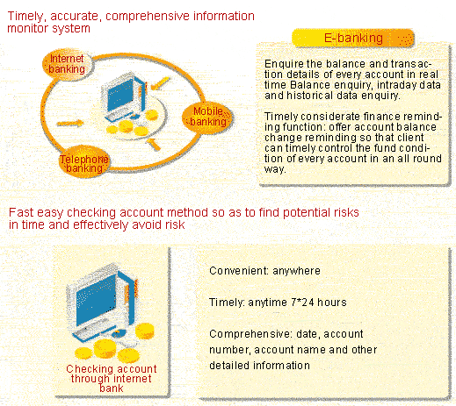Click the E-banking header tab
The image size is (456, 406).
pyautogui.click(x=353, y=38)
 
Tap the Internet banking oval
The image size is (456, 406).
pyautogui.click(x=67, y=64)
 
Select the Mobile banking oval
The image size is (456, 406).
pyautogui.click(x=207, y=117)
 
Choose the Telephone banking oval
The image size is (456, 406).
pyautogui.click(x=84, y=162)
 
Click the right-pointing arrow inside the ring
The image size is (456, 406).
pyautogui.click(x=70, y=124)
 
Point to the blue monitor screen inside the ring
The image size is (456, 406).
pyautogui.click(x=120, y=94)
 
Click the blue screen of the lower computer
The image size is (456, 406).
pyautogui.click(x=96, y=301)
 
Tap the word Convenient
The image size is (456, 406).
pyautogui.click(x=237, y=271)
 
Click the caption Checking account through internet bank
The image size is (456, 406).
pyautogui.click(x=112, y=379)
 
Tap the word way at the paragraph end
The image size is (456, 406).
pyautogui.click(x=273, y=169)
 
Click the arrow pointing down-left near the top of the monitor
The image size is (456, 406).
pyautogui.click(x=160, y=83)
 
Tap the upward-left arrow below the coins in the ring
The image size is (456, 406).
pyautogui.click(x=154, y=144)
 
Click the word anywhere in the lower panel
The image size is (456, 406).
pyautogui.click(x=296, y=271)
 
